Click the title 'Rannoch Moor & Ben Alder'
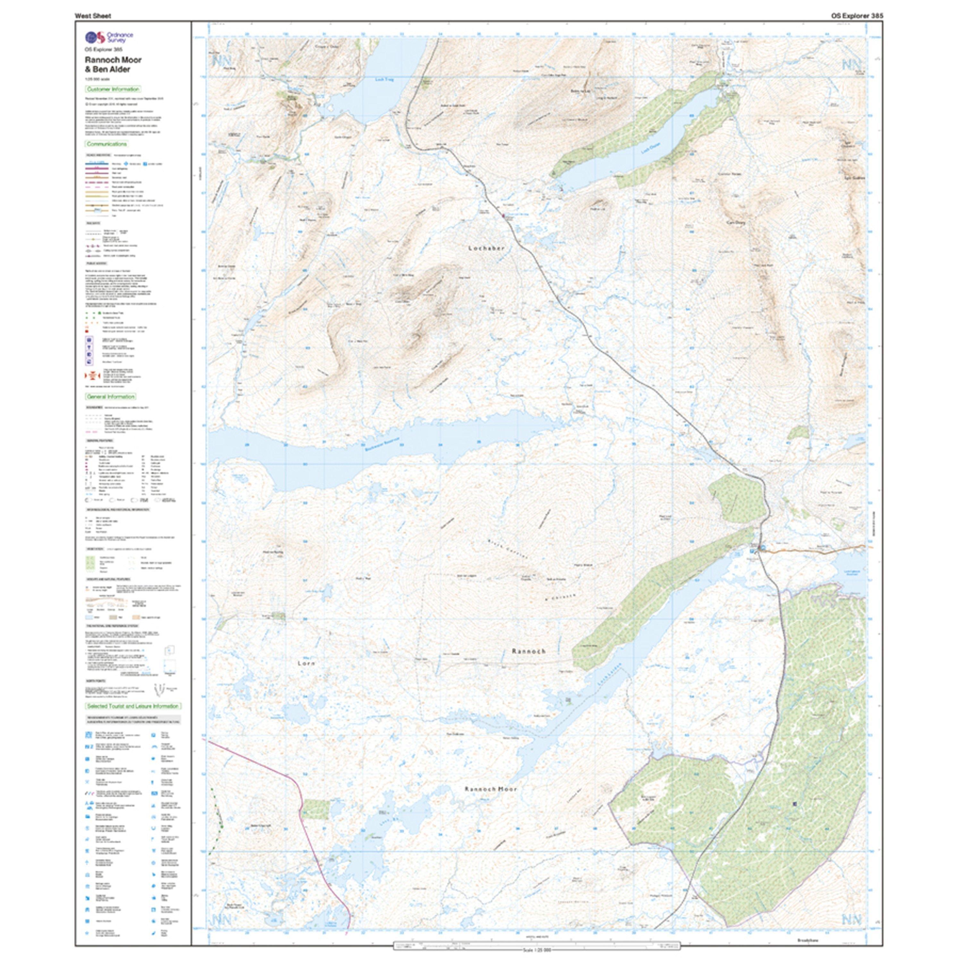pos(113,64)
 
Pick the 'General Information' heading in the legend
pos(111,396)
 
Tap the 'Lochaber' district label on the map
pos(486,248)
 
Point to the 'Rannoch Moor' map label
pos(491,789)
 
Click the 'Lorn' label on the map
pos(306,663)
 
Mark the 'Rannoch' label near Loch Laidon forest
pos(529,651)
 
